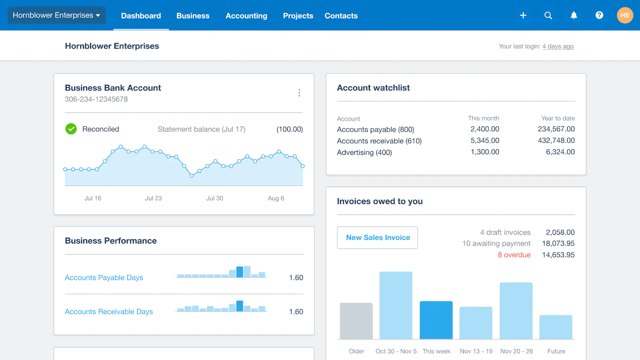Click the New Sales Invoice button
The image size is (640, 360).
pos(378,238)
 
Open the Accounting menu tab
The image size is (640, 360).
pos(246,16)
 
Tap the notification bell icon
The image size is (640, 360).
pos(574,15)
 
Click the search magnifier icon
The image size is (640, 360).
pos(548,15)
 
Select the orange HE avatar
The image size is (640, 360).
pos(625,15)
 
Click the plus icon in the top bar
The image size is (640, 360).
pos(523,15)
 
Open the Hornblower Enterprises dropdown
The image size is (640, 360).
pos(56,15)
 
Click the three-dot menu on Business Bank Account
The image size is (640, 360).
pos(299,93)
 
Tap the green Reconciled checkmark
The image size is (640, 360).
pos(71,129)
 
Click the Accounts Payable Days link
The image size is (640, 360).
pos(104,278)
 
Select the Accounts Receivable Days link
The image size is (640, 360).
pos(109,312)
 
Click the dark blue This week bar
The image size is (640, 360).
pos(436,320)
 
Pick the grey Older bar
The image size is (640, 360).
pos(356,321)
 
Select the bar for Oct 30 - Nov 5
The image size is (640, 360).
pos(396,306)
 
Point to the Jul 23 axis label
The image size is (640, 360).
pos(154,198)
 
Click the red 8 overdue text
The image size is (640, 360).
pos(514,255)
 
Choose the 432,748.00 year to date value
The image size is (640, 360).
pos(556,140)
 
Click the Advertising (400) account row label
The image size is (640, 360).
pos(364,152)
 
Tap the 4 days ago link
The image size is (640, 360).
pos(558,46)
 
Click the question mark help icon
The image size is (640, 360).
pos(599,15)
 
